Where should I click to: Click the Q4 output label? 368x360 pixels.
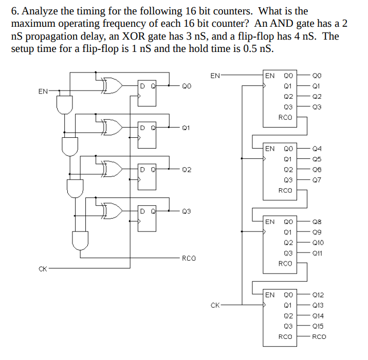click(317, 149)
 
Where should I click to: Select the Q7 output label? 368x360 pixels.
click(317, 180)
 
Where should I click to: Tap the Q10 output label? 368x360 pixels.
click(319, 242)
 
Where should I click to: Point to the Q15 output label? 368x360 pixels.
click(319, 326)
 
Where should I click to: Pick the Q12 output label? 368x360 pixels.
click(319, 295)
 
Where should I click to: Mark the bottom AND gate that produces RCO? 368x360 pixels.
click(81, 239)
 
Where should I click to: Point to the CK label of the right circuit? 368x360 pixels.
click(216, 305)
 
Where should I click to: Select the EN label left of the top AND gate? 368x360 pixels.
click(43, 91)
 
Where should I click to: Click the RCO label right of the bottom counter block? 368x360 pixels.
click(319, 337)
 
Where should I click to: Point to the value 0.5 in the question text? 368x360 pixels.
click(255, 49)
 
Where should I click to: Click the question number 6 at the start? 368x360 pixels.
click(14, 11)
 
